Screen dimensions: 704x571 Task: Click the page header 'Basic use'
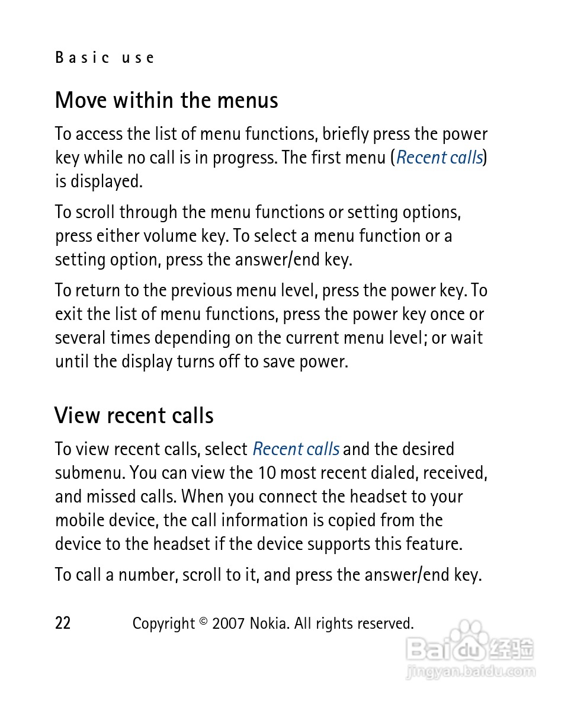pyautogui.click(x=105, y=57)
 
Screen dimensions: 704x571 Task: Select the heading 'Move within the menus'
pyautogui.click(x=166, y=100)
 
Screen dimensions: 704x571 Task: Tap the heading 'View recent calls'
pyautogui.click(x=134, y=415)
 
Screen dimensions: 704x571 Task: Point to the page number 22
pyautogui.click(x=63, y=623)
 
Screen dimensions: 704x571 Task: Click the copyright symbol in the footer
pyautogui.click(x=203, y=621)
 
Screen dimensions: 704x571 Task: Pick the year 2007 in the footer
pyautogui.click(x=228, y=623)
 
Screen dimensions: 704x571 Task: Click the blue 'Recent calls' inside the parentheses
pyautogui.click(x=440, y=158)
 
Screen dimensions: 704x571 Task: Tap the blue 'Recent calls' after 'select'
pyautogui.click(x=296, y=449)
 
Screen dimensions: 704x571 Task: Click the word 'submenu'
pyautogui.click(x=89, y=473)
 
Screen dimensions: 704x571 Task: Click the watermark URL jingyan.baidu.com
pyautogui.click(x=471, y=672)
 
